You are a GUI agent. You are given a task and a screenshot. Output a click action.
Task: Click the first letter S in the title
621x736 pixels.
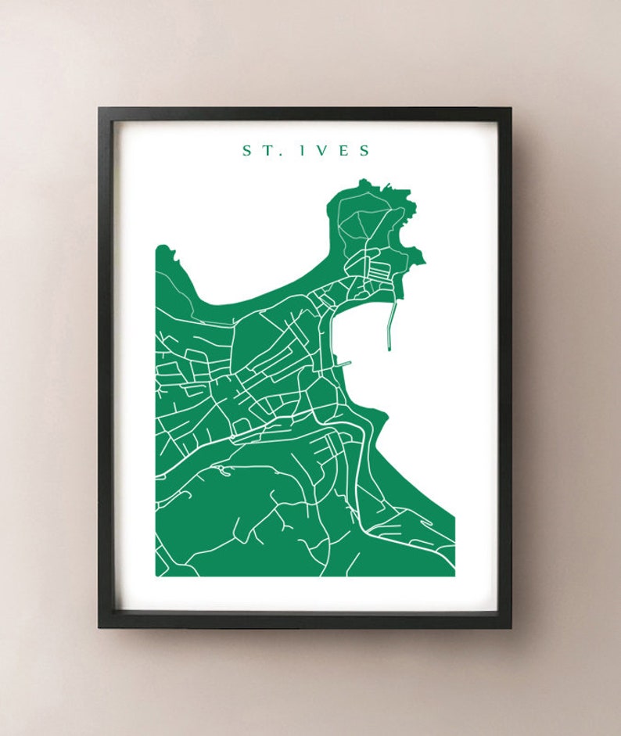coord(247,150)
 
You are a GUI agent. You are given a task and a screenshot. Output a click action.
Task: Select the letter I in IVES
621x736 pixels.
coord(302,150)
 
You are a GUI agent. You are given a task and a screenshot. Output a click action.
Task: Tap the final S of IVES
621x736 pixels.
coord(365,150)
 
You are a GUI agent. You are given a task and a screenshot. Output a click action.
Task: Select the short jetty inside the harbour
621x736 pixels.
coord(343,364)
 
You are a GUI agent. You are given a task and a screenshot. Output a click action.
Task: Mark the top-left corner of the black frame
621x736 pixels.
coord(99,109)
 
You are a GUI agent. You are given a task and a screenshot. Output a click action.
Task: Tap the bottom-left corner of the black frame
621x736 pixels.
coord(99,627)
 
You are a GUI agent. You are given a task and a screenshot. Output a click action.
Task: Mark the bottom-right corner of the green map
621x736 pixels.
coord(454,576)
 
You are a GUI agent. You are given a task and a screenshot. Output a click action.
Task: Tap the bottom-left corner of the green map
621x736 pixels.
coord(156,576)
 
